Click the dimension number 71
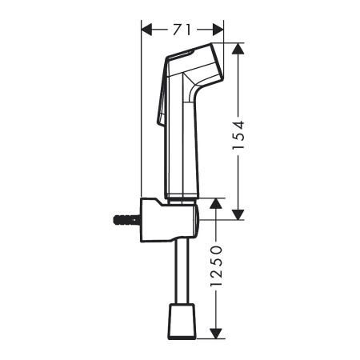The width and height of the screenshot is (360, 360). click(x=182, y=29)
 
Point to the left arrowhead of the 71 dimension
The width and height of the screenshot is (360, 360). click(x=146, y=30)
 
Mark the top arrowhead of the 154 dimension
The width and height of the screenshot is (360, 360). click(x=238, y=48)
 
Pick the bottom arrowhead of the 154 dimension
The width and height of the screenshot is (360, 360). click(x=238, y=214)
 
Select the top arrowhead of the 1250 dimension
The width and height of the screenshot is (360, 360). click(x=214, y=204)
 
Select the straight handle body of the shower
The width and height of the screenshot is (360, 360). click(x=182, y=144)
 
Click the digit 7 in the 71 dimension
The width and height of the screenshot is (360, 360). click(x=176, y=29)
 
